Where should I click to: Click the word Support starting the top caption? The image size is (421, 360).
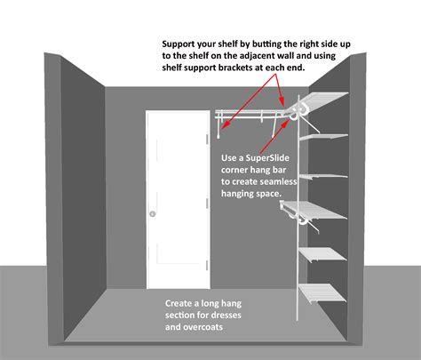pyautogui.click(x=182, y=43)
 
